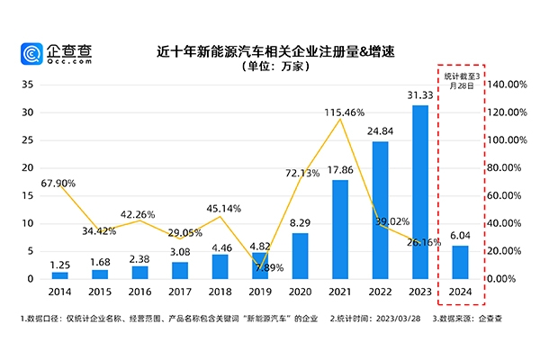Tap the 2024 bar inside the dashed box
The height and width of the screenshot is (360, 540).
coord(460,262)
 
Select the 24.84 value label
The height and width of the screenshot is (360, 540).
coord(381,132)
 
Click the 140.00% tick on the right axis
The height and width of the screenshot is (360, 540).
coord(505,85)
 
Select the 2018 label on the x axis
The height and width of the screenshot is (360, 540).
coord(220,292)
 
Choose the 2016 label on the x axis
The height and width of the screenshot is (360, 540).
coord(140,292)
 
